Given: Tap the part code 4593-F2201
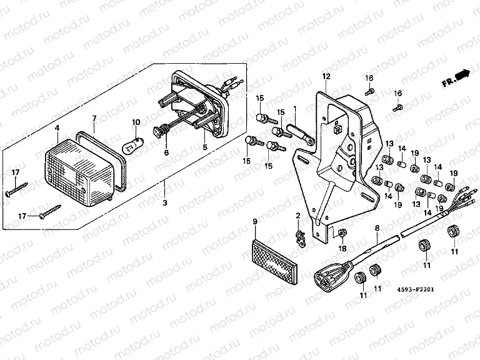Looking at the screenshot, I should (415, 290).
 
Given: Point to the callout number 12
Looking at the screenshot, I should (326, 77).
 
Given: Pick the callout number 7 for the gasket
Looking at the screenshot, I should (94, 119).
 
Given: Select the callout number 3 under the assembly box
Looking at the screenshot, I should (165, 204).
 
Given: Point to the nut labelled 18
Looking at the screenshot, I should (342, 234).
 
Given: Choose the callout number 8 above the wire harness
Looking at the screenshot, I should (377, 229).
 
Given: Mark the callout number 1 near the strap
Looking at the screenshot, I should (296, 109).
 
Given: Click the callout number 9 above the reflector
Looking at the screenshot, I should (255, 222).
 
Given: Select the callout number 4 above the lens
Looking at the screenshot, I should (57, 128).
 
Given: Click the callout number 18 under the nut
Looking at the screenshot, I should (342, 249).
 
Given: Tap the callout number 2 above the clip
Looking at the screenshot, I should (298, 216).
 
